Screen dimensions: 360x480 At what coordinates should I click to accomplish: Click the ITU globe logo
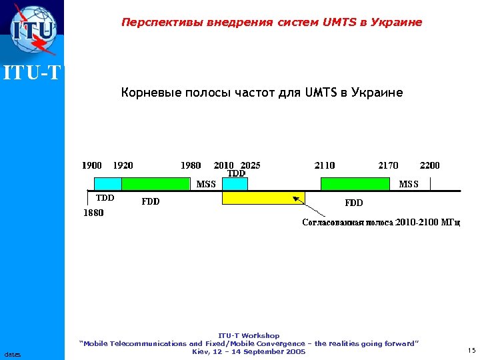coord(32,30)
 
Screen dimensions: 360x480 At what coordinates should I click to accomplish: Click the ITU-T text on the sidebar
coord(32,72)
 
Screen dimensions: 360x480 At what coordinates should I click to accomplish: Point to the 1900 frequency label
coord(92,165)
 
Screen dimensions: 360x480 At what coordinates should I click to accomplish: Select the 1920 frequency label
coord(123,165)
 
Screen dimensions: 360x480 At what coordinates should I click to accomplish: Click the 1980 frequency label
coord(191,165)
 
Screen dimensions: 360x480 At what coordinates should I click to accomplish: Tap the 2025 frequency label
coord(250,165)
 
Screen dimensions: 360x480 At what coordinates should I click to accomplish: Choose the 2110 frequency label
coord(325,165)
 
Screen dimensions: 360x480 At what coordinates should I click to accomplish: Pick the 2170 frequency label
coord(388,165)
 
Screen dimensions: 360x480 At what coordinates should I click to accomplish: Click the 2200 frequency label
coord(429,165)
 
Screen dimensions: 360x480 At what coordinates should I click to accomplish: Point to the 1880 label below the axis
coord(93,214)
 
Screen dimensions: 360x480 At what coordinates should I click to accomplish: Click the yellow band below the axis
coord(263,198)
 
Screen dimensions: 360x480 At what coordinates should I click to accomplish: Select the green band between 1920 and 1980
coord(156,184)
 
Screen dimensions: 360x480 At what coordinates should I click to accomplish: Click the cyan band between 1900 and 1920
coord(107,184)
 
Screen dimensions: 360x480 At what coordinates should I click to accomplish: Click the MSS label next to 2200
coord(409,184)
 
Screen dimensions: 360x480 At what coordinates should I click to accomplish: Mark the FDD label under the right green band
coord(353,202)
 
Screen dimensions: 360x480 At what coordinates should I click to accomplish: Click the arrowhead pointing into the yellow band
coord(295,198)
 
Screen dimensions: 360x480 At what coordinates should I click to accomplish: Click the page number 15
coord(471,350)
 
